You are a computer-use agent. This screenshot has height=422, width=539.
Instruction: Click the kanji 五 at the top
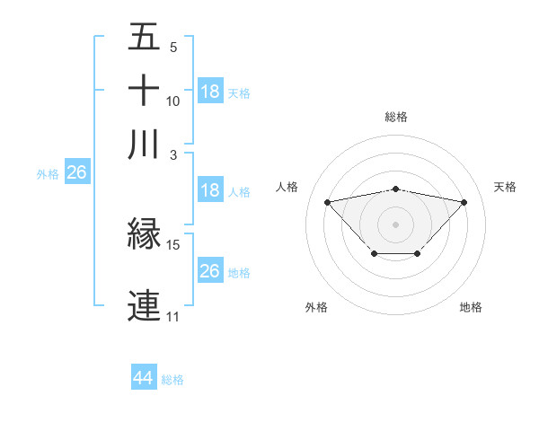click(x=144, y=39)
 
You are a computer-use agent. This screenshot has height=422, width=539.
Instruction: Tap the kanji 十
click(x=144, y=92)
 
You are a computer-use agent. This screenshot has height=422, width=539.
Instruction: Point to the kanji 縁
click(x=144, y=235)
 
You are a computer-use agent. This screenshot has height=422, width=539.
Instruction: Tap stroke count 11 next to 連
click(x=172, y=317)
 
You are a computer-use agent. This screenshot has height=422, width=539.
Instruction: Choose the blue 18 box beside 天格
click(x=210, y=92)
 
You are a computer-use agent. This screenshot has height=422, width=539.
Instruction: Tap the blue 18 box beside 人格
click(x=210, y=190)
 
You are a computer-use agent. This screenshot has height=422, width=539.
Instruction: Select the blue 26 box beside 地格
click(x=210, y=271)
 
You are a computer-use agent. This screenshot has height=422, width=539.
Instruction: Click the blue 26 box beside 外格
click(x=76, y=173)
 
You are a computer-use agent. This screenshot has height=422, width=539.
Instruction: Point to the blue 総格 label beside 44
click(x=172, y=379)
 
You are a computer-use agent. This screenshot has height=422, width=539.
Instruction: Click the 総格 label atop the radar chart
click(x=396, y=117)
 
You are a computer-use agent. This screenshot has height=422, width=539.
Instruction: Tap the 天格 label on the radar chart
click(x=505, y=187)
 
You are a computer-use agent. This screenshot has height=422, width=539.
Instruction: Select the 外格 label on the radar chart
click(x=316, y=307)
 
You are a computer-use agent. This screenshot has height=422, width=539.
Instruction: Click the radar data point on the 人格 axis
click(x=327, y=201)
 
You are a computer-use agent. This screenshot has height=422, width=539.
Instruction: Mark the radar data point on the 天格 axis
click(x=464, y=202)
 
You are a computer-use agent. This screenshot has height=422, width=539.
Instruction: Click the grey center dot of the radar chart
click(x=396, y=223)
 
